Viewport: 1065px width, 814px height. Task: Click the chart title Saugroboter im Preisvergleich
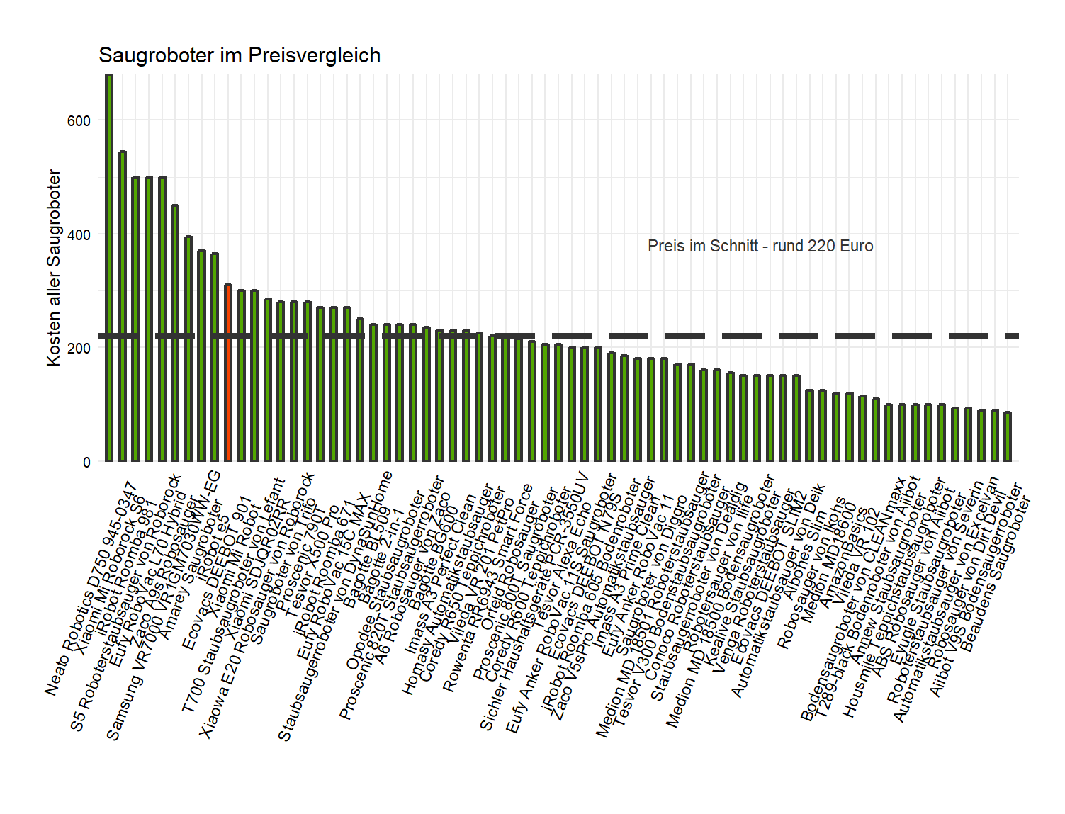240,55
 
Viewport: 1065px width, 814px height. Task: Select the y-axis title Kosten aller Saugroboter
54,268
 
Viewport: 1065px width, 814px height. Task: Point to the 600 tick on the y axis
79,121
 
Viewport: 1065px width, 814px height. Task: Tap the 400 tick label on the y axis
79,235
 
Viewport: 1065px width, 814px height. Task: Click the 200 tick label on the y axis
79,349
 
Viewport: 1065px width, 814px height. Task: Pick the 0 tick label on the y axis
86,463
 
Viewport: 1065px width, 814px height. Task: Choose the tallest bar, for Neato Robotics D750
109,269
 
